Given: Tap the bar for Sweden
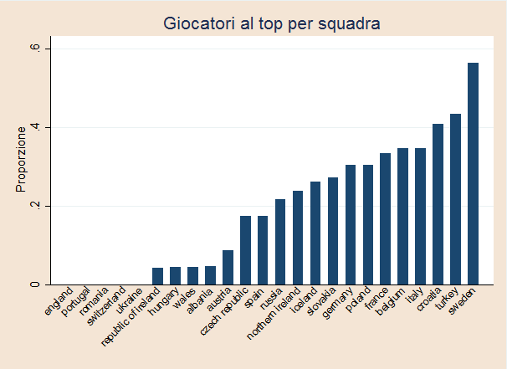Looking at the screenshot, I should [473, 173].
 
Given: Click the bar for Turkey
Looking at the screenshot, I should [455, 199].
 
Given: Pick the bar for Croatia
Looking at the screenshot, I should [438, 204].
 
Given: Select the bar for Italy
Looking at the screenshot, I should [420, 216].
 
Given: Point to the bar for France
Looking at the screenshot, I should [385, 218].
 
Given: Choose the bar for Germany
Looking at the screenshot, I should [351, 224].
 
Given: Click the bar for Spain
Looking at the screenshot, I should [263, 250].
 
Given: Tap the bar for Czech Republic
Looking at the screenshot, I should [245, 250].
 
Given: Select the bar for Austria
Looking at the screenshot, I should [228, 267].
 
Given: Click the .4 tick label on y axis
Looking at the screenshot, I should [35, 127].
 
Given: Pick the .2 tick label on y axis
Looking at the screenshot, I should [35, 206].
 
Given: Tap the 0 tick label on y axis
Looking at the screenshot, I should [35, 284].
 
